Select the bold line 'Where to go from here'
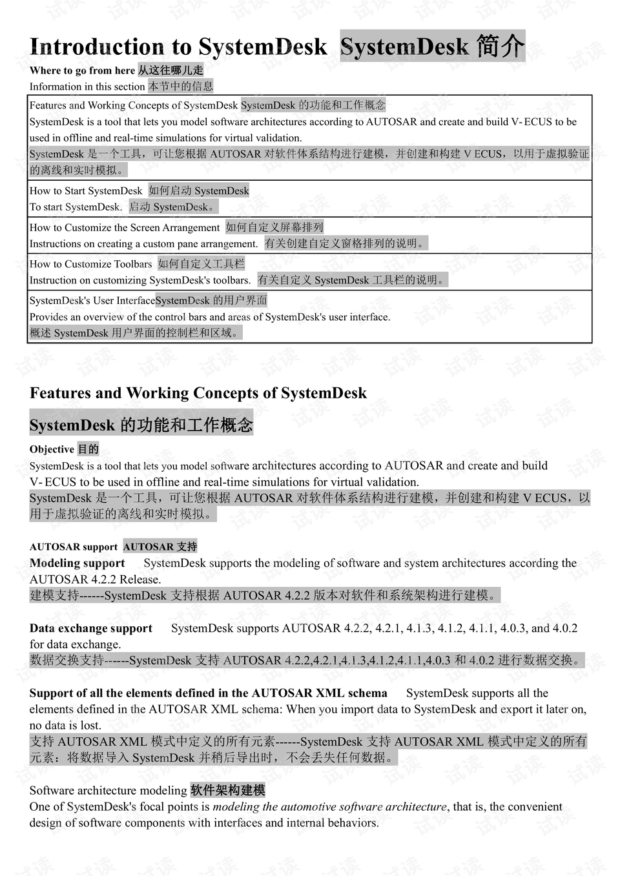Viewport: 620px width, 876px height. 82,70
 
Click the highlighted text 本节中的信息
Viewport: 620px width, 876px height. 180,86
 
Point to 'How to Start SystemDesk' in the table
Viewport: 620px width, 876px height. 86,190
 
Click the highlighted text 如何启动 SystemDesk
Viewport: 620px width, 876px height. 198,190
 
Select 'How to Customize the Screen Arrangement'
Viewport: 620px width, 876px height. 125,227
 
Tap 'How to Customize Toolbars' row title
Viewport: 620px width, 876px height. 91,263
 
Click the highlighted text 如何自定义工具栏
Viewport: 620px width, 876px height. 201,263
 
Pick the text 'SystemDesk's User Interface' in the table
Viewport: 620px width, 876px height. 92,300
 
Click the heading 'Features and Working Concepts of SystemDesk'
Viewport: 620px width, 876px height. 198,393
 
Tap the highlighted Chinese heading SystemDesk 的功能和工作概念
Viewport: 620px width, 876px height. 141,425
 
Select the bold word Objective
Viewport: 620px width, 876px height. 52,449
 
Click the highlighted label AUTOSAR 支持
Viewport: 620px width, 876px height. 160,547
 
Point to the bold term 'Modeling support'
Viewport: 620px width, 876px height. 77,563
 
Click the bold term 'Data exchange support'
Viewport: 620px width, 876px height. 90,628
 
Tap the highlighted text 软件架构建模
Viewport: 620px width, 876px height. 227,790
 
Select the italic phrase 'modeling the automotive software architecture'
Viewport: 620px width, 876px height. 329,806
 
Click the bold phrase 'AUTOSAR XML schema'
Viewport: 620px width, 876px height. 319,693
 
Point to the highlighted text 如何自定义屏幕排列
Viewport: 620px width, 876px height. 274,227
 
